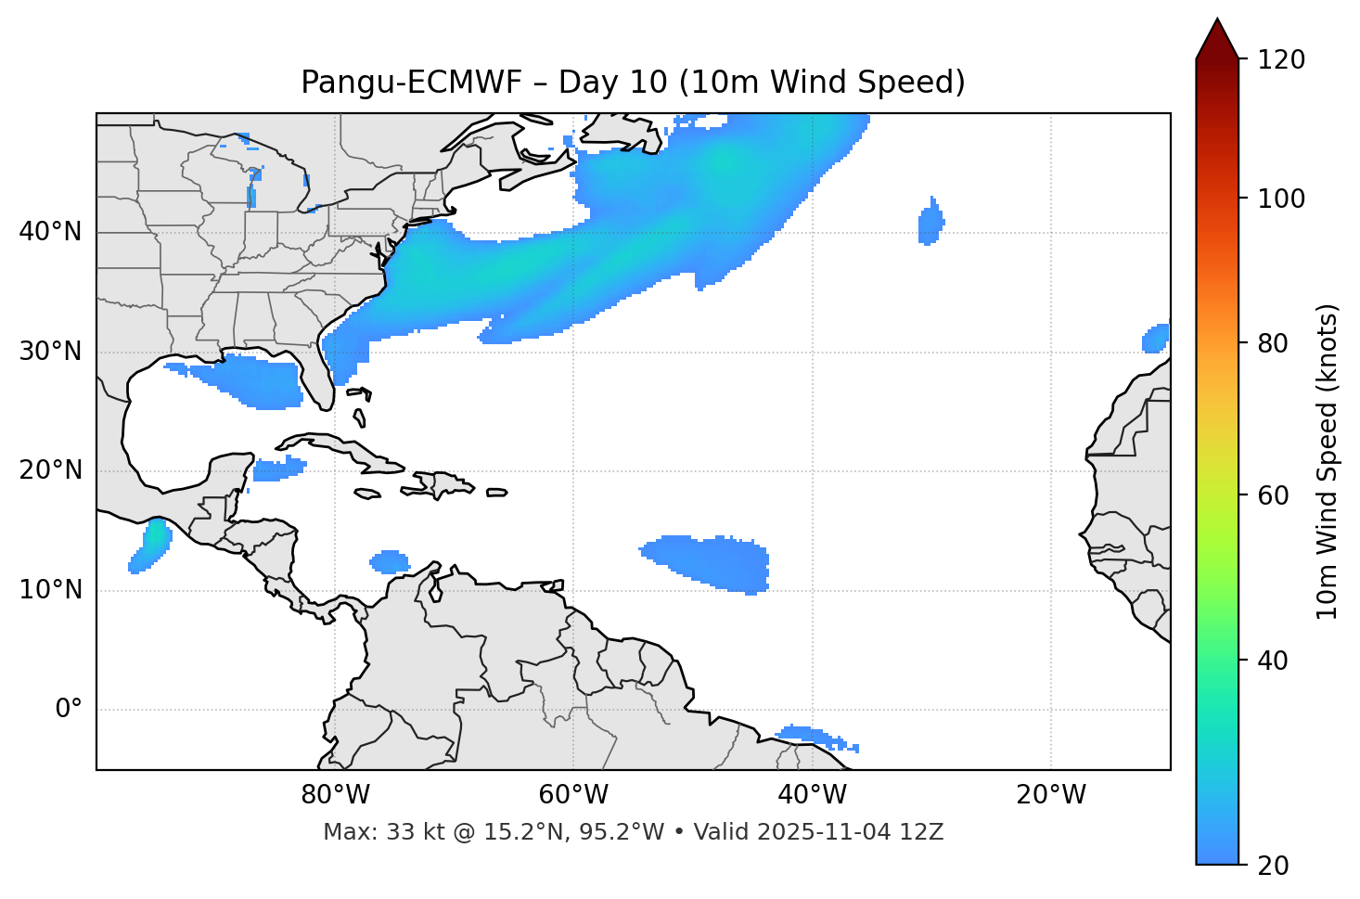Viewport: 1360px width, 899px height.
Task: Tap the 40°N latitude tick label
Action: pos(50,232)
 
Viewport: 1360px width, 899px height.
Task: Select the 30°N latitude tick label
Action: pos(50,352)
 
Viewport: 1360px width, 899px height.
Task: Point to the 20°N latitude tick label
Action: pos(50,470)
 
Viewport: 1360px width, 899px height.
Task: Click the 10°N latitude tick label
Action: pos(50,590)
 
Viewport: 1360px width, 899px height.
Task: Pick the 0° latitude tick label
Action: pos(69,710)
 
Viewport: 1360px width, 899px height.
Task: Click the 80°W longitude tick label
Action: pos(335,795)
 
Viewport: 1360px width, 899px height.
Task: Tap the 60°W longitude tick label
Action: pos(573,795)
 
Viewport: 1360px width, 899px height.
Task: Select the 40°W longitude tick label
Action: pos(812,795)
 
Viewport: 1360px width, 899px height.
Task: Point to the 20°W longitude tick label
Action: pos(1050,795)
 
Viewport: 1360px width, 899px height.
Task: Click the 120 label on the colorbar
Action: pos(1280,60)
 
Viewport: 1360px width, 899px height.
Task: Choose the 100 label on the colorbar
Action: pos(1280,199)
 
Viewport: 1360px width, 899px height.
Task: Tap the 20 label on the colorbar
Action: pos(1273,866)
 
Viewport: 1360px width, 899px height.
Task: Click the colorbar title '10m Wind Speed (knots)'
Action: pos(1328,461)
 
